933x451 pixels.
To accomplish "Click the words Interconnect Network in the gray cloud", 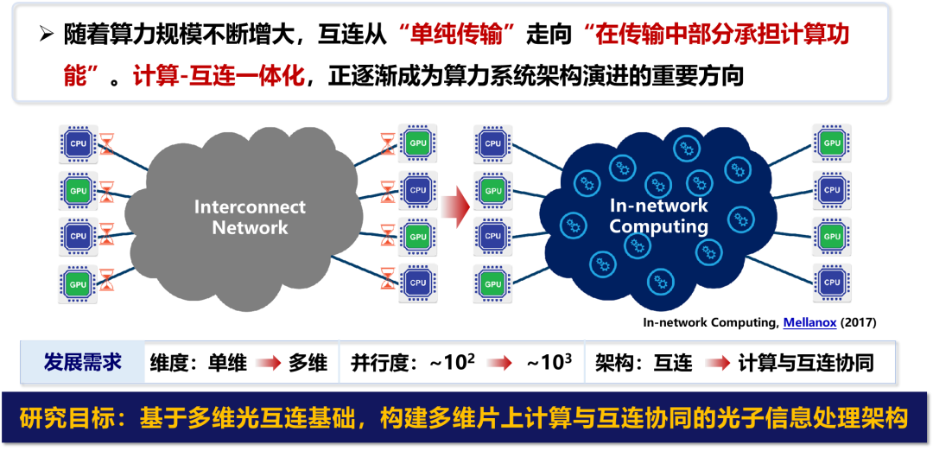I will (x=250, y=218).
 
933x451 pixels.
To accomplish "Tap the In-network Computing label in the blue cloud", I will (x=658, y=216).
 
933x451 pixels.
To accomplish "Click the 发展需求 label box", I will (x=83, y=362).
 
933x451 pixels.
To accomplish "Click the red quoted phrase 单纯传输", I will (x=457, y=35).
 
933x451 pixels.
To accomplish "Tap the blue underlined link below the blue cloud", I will (x=809, y=323).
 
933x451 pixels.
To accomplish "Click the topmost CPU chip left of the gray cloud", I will (x=79, y=143).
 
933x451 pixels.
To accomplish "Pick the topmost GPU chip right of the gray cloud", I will (x=418, y=143).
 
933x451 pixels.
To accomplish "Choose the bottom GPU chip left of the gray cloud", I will (x=79, y=283).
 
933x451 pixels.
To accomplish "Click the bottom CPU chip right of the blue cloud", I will (x=832, y=282).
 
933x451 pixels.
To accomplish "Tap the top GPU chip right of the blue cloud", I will (x=832, y=143).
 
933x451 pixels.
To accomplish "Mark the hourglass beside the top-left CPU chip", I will (x=107, y=143).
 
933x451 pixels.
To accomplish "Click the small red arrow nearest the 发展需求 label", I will (x=268, y=363).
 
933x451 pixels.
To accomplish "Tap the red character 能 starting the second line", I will (x=76, y=76).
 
